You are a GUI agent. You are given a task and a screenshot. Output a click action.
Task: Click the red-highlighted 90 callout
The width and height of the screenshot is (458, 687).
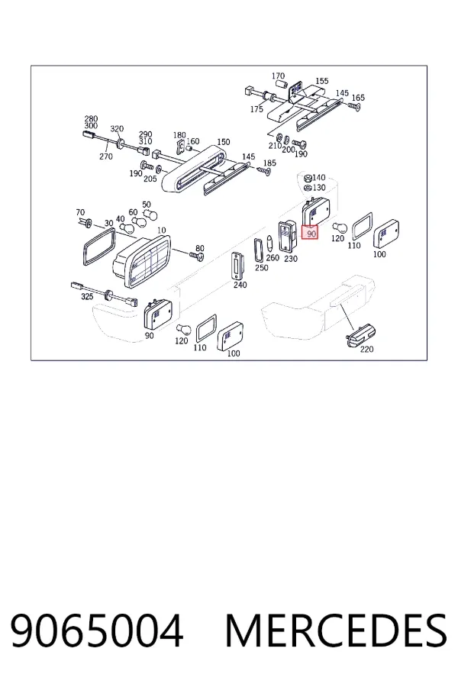(x=311, y=234)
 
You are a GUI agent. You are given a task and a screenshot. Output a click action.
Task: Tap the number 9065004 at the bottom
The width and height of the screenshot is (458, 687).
(x=96, y=631)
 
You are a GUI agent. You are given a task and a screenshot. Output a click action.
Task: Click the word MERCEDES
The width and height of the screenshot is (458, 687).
(x=337, y=631)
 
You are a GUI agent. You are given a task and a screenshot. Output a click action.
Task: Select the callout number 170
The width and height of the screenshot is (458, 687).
(x=279, y=76)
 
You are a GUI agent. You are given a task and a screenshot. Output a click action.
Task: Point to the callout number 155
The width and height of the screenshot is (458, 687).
(x=321, y=81)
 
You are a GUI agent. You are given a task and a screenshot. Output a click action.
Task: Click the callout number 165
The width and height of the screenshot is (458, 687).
(x=358, y=97)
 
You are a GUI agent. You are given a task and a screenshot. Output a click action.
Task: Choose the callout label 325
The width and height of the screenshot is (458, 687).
(x=87, y=297)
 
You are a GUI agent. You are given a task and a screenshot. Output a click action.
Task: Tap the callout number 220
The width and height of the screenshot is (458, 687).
(x=366, y=349)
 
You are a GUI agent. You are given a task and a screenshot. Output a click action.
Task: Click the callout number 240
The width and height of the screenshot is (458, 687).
(x=240, y=285)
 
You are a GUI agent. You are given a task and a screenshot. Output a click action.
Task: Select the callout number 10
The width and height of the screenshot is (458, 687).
(x=161, y=230)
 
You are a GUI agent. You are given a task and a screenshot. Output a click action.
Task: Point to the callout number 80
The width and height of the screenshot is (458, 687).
(x=200, y=248)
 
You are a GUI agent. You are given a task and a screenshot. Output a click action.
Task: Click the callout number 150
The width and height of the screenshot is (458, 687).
(x=224, y=142)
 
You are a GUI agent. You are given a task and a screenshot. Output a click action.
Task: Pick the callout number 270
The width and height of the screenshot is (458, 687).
(x=105, y=156)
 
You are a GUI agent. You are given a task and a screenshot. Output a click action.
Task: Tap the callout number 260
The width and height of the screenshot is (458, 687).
(x=273, y=258)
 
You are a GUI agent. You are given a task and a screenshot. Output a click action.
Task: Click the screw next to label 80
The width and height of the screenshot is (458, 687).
(x=197, y=256)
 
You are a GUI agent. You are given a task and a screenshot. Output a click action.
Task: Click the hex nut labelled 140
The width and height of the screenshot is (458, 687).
(x=308, y=179)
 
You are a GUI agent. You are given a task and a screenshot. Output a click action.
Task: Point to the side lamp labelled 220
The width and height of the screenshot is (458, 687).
(x=361, y=335)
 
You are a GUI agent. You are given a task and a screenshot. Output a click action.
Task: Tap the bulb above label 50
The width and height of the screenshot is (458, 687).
(x=151, y=215)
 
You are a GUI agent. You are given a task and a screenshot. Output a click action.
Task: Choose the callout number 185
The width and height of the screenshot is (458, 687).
(x=269, y=163)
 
